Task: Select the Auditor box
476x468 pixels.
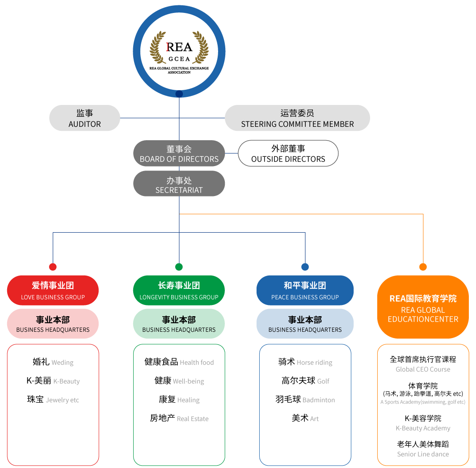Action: click(x=84, y=118)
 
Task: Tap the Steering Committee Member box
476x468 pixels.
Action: click(x=297, y=118)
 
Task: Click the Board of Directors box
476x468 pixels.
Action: click(x=179, y=154)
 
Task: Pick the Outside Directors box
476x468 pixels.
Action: click(x=288, y=154)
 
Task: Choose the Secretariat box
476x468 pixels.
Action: click(x=179, y=184)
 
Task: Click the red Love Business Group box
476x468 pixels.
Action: click(x=53, y=290)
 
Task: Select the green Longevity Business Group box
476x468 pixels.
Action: click(x=179, y=290)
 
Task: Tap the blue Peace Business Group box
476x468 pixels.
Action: click(x=305, y=290)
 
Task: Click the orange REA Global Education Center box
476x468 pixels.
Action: click(x=423, y=307)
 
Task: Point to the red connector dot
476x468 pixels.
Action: click(x=53, y=267)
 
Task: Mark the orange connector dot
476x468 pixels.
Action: click(x=423, y=267)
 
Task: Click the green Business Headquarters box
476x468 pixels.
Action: click(x=179, y=324)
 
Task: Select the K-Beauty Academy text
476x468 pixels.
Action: click(x=423, y=428)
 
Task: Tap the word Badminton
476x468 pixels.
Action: click(x=319, y=400)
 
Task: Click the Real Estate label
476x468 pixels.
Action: click(x=193, y=419)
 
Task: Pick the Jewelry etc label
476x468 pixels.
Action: click(x=63, y=400)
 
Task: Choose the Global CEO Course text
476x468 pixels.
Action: click(x=423, y=369)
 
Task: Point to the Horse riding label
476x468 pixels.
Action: click(x=315, y=363)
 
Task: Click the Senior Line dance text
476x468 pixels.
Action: click(x=423, y=454)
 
